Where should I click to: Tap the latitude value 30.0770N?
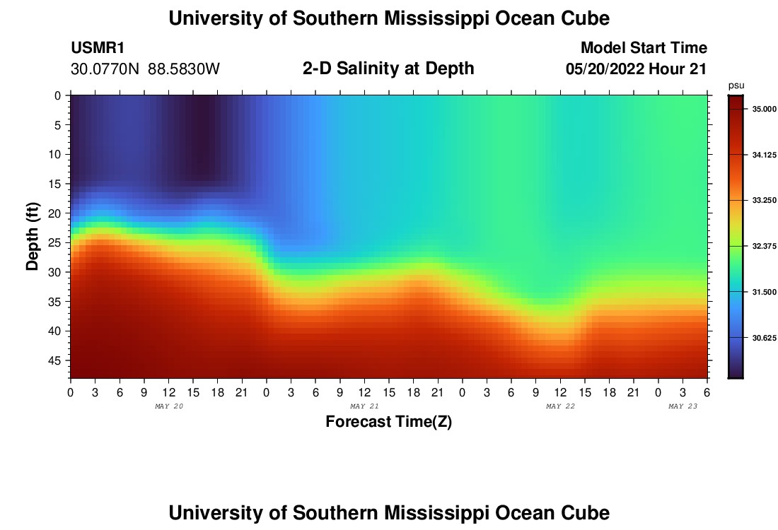pos(105,69)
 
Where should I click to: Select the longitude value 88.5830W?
pos(184,69)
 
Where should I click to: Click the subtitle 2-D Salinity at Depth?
pos(388,69)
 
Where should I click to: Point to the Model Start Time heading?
pos(643,48)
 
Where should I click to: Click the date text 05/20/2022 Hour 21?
pos(636,69)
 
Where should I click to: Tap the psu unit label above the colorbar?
pos(736,85)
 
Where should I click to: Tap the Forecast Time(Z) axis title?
pos(388,422)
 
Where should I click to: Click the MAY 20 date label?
pos(168,406)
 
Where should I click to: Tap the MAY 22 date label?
pos(560,406)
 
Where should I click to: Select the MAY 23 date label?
pos(683,406)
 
